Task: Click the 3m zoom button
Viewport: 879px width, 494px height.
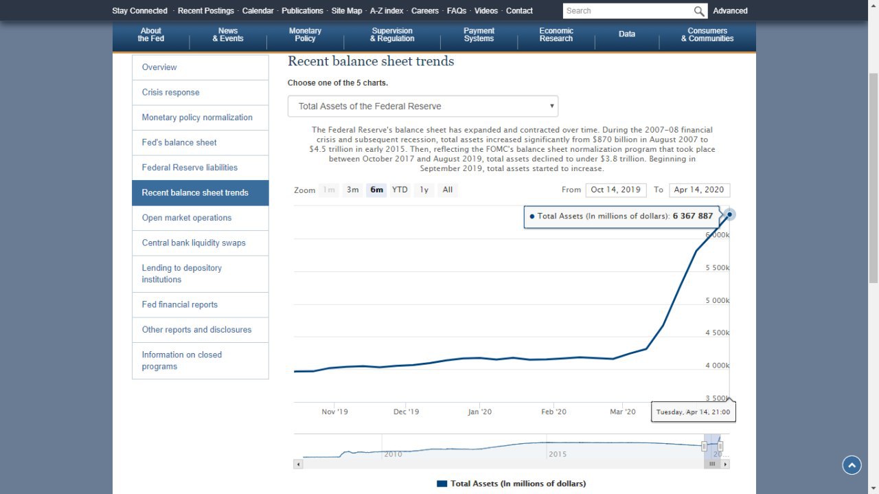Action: (352, 190)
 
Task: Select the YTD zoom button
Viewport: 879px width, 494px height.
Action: (400, 190)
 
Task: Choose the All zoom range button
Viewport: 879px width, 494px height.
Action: (448, 190)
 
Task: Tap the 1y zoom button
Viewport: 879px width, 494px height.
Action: (424, 190)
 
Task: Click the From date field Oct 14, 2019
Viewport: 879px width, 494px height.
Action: (615, 190)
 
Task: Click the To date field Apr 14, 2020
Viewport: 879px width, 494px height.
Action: (699, 190)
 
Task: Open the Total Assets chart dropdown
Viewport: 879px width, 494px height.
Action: (423, 106)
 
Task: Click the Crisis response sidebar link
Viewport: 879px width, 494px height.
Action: (171, 93)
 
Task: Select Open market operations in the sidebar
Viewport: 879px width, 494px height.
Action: (187, 218)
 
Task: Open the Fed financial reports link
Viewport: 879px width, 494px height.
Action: (180, 305)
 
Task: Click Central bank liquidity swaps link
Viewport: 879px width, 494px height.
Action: (194, 243)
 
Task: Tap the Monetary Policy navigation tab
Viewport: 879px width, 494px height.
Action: (305, 35)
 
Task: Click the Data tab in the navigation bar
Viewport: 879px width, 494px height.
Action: (627, 34)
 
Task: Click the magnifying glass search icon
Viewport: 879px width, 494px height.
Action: (699, 11)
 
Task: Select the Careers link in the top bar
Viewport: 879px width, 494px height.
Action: (425, 11)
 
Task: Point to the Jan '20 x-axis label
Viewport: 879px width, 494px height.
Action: (479, 412)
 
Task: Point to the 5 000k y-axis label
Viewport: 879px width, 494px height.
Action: (718, 301)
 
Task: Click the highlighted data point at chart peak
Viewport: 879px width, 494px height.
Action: (730, 214)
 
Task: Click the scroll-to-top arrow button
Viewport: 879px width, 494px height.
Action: (852, 465)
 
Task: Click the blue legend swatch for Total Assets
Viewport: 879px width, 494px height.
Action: (442, 484)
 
